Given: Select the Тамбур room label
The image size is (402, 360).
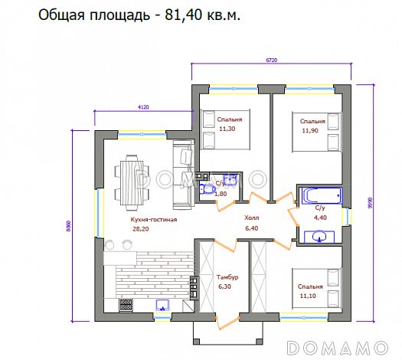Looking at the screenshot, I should [x=227, y=277].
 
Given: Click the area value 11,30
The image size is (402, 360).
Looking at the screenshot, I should [x=227, y=129].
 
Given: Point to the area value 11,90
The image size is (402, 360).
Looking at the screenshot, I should [x=310, y=130].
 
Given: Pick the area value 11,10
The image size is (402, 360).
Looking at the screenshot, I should [x=310, y=295].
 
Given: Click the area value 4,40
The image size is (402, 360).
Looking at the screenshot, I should [x=319, y=217].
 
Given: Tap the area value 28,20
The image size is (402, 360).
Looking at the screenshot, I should [x=141, y=228].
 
